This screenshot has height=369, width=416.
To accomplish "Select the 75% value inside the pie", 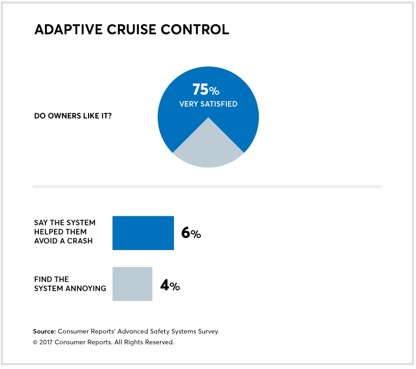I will (206, 90).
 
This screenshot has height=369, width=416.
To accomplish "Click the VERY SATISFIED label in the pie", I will (208, 104).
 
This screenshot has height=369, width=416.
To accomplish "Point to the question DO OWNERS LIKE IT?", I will (73, 115).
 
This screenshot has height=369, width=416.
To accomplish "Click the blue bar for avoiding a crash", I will (143, 233).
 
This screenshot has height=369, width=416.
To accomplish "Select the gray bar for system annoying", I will (132, 284).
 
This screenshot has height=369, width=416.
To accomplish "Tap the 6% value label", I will (191, 234).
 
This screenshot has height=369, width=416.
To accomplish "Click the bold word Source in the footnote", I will (45, 331).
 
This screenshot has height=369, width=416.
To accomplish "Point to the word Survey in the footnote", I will (206, 331).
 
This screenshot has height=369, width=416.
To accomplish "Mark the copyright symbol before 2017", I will (36, 342).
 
